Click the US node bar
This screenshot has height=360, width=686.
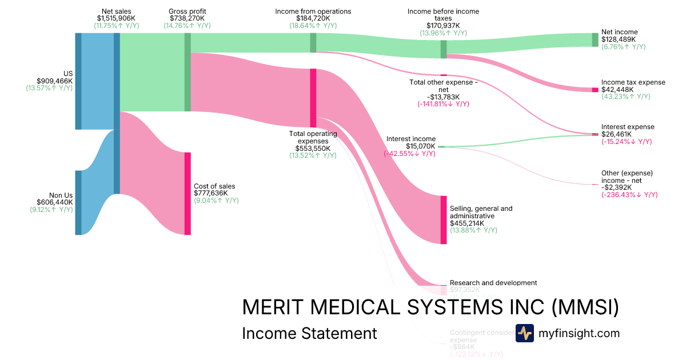pyautogui.click(x=78, y=81)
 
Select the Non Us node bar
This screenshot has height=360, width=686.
pyautogui.click(x=78, y=202)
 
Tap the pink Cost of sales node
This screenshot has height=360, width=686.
pyautogui.click(x=188, y=193)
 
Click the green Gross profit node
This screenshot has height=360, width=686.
pyautogui.click(x=188, y=72)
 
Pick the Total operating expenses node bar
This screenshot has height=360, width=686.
pyautogui.click(x=313, y=98)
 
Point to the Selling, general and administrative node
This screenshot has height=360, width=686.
pyautogui.click(x=444, y=220)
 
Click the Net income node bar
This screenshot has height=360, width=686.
pyautogui.click(x=595, y=39)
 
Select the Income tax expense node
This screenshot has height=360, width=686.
pyautogui.click(x=595, y=90)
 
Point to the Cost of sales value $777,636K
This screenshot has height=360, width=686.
pyautogui.click(x=214, y=193)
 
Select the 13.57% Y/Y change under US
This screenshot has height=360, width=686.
pyautogui.click(x=49, y=89)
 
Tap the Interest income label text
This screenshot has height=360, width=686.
pyautogui.click(x=410, y=139)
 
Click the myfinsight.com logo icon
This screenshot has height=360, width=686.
pyautogui.click(x=524, y=333)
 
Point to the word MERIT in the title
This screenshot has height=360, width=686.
pyautogui.click(x=268, y=307)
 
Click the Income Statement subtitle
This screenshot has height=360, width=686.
pyautogui.click(x=309, y=333)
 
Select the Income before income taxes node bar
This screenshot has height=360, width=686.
pyautogui.click(x=444, y=49)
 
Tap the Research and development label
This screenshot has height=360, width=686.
pyautogui.click(x=493, y=283)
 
